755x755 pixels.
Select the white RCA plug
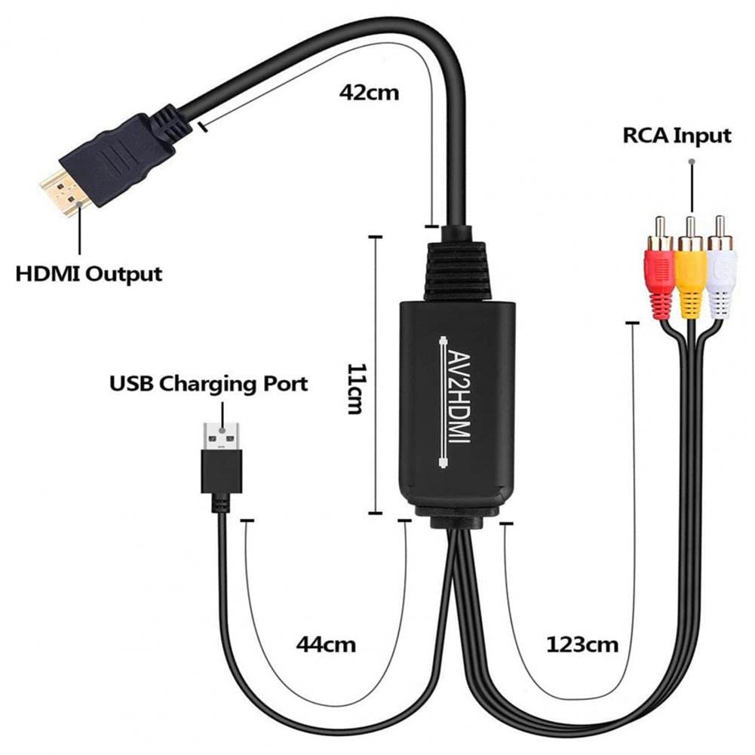[721, 275]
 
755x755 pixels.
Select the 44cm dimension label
[326, 645]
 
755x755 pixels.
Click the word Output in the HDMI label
[125, 272]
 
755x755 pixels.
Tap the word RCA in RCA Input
[647, 136]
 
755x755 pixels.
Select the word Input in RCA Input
[703, 137]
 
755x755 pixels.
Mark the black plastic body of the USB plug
[221, 471]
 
